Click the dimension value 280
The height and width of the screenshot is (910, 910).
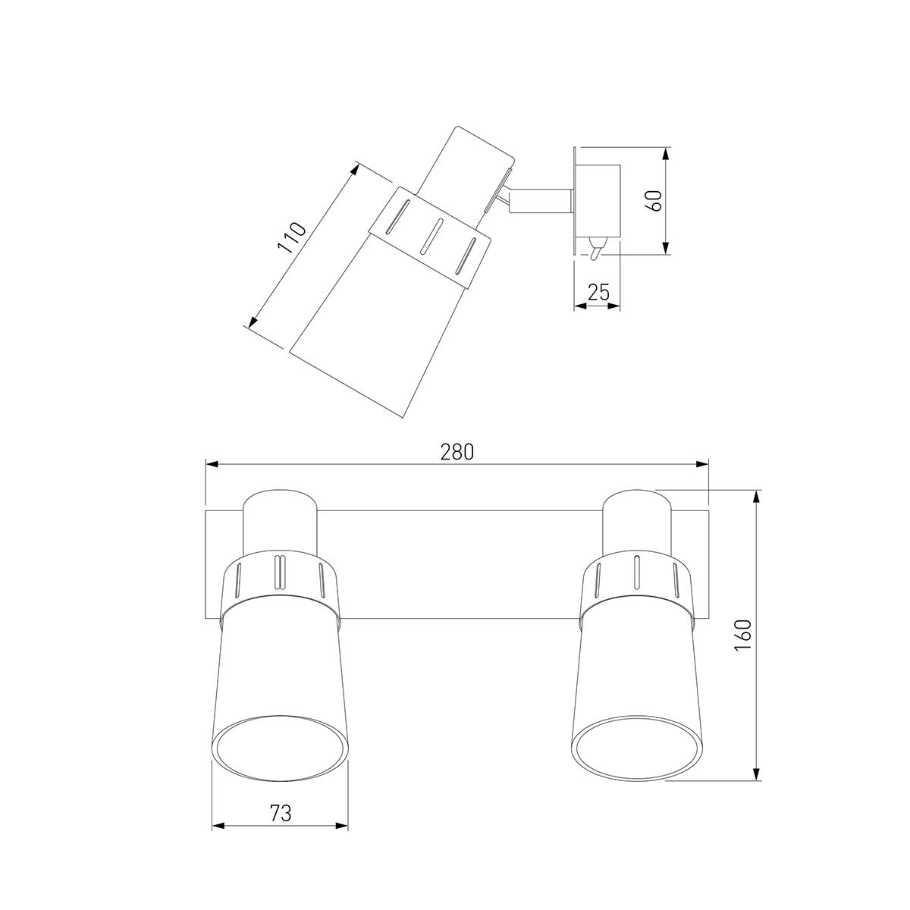[x=457, y=453]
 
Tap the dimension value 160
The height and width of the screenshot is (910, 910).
[x=743, y=635]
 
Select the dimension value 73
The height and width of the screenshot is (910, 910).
[x=281, y=813]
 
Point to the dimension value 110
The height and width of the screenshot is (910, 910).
[x=292, y=237]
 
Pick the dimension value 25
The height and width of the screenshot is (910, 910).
[x=598, y=293]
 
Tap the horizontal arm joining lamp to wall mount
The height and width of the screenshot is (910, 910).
[x=541, y=200]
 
